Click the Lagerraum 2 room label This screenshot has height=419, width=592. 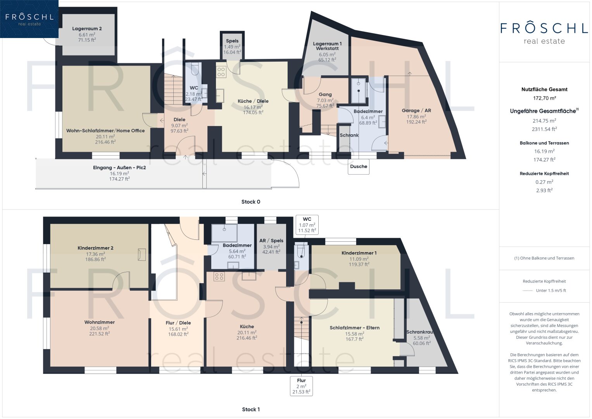87,29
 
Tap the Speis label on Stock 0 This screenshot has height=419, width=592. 232,41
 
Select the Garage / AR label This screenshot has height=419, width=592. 416,111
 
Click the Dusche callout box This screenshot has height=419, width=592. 358,166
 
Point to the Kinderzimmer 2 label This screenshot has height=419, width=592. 95,248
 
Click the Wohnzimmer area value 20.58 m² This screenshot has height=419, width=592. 100,328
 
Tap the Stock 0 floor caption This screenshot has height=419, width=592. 251,202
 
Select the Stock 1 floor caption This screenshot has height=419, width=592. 251,409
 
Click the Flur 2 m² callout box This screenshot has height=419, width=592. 301,386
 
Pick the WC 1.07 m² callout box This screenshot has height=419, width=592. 307,225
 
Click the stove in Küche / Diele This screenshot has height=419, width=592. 221,72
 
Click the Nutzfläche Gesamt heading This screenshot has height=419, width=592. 544,89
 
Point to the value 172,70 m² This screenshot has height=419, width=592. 544,98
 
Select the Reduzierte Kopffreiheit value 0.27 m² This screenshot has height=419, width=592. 544,182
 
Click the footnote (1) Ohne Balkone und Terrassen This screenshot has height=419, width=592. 544,258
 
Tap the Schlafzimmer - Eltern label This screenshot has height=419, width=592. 354,328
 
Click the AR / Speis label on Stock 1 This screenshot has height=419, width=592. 271,241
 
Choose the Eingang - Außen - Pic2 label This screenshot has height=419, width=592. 119,168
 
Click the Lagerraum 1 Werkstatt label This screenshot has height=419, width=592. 327,46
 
